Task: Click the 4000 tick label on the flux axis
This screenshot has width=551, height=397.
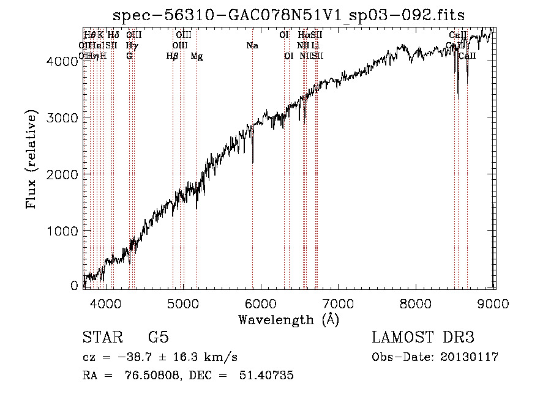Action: click(x=65, y=61)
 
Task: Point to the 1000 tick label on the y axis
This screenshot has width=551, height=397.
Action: click(x=65, y=231)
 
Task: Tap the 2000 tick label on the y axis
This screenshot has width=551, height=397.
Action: click(x=65, y=174)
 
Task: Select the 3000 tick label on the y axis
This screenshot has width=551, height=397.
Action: click(x=65, y=117)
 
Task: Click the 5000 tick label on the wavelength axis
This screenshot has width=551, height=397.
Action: click(x=183, y=302)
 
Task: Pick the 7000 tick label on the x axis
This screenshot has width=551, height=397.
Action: click(x=339, y=302)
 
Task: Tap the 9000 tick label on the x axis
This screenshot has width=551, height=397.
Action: click(x=494, y=302)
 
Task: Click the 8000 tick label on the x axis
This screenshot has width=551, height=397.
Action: click(x=416, y=302)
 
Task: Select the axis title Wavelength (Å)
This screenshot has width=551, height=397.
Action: click(x=288, y=319)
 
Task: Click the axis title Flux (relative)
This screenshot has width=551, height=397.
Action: click(x=31, y=159)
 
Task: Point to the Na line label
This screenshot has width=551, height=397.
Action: click(x=252, y=45)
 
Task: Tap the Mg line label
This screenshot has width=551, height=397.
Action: click(x=197, y=56)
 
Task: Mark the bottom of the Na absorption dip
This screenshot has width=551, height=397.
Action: click(x=253, y=162)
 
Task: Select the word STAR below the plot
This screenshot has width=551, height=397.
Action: click(x=101, y=338)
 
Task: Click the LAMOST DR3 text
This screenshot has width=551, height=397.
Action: click(x=422, y=338)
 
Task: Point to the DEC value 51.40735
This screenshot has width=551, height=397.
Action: click(x=267, y=376)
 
